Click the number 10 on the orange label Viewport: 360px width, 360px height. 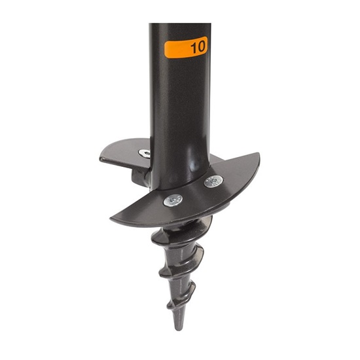(198, 48)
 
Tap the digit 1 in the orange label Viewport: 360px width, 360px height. (193, 48)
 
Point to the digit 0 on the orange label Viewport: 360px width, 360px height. (202, 48)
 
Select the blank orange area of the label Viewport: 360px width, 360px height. (175, 49)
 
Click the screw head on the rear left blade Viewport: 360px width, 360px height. (144, 153)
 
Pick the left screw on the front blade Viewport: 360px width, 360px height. (173, 200)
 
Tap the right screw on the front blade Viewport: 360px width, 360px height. (213, 181)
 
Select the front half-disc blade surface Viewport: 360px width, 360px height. (196, 200)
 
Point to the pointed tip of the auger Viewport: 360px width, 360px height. (179, 325)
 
